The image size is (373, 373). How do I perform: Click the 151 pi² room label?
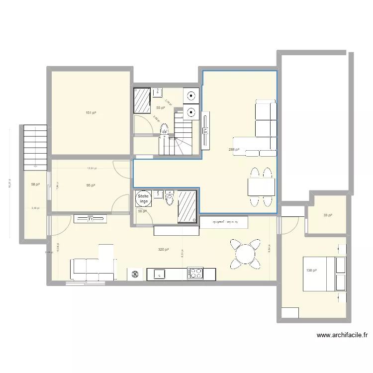click(91, 113)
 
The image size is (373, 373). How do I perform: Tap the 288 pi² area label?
click(234, 149)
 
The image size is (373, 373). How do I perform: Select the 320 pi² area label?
click(163, 249)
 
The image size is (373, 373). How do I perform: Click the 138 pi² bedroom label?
click(312, 271)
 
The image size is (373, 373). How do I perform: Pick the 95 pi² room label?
click(91, 185)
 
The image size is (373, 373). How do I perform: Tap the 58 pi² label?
click(35, 185)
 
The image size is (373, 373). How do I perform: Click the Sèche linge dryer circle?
click(143, 199)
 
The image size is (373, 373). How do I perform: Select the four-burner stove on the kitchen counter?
click(194, 273)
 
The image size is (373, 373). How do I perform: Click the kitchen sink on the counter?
click(159, 273)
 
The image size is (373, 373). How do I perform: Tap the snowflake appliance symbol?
click(134, 274)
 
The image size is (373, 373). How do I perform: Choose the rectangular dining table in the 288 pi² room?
click(261, 187)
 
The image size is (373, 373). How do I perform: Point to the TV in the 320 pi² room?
click(91, 218)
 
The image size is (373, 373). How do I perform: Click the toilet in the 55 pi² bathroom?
click(164, 130)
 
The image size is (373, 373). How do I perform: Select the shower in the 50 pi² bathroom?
click(187, 205)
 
